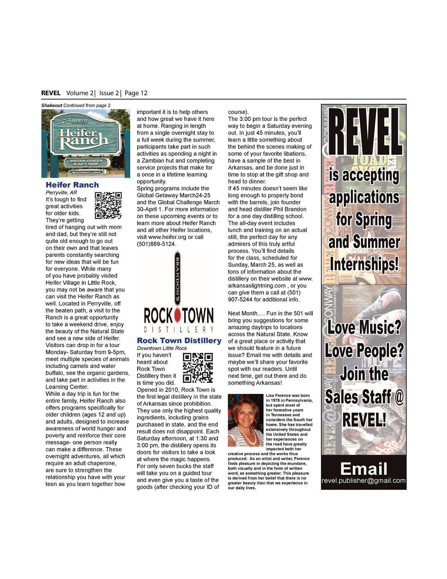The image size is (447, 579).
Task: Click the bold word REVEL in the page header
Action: (x=51, y=93)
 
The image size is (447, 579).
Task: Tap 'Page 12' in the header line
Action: (x=136, y=93)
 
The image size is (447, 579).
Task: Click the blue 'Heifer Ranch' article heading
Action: (x=72, y=185)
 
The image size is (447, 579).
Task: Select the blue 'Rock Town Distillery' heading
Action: (x=179, y=341)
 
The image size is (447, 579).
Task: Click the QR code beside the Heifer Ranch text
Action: (x=108, y=206)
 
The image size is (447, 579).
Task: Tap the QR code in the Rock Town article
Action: (x=198, y=368)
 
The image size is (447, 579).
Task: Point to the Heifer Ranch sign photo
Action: (x=86, y=143)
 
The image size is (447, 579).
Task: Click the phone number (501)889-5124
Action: (x=157, y=244)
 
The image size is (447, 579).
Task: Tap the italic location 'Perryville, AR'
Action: (x=61, y=193)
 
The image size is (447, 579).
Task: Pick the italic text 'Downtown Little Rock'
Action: (x=162, y=348)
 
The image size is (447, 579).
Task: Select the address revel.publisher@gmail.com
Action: (x=363, y=481)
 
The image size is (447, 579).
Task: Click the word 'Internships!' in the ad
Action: (x=364, y=264)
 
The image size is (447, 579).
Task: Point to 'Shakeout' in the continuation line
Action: (x=52, y=106)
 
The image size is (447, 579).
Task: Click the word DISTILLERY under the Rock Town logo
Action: (x=179, y=329)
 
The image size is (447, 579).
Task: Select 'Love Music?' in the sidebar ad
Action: (x=364, y=328)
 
